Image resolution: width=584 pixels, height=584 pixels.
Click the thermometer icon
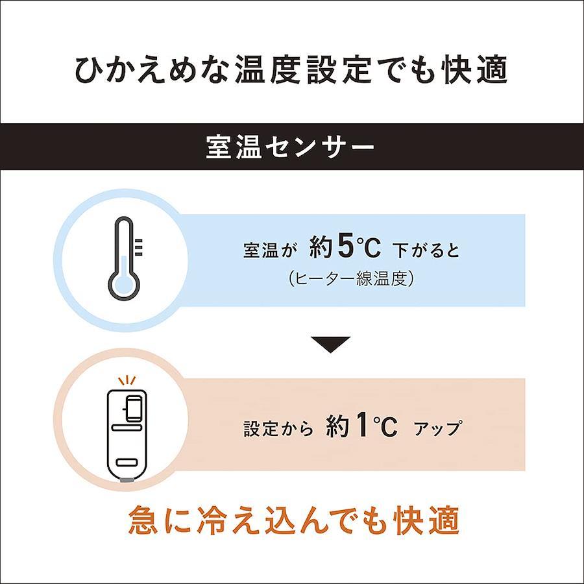(x=124, y=258)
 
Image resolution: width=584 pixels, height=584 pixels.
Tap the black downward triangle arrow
(x=330, y=344)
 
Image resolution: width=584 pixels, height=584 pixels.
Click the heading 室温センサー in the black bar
(x=290, y=147)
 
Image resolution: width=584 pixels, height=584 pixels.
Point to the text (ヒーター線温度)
(x=351, y=278)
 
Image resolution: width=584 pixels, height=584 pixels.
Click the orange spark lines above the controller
(x=127, y=380)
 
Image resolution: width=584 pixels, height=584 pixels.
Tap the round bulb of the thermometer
(x=124, y=284)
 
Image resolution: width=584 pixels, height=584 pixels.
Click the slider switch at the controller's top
(x=133, y=408)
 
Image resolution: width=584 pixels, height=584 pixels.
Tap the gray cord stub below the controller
(x=127, y=481)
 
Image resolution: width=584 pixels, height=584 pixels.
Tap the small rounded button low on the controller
(x=127, y=463)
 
